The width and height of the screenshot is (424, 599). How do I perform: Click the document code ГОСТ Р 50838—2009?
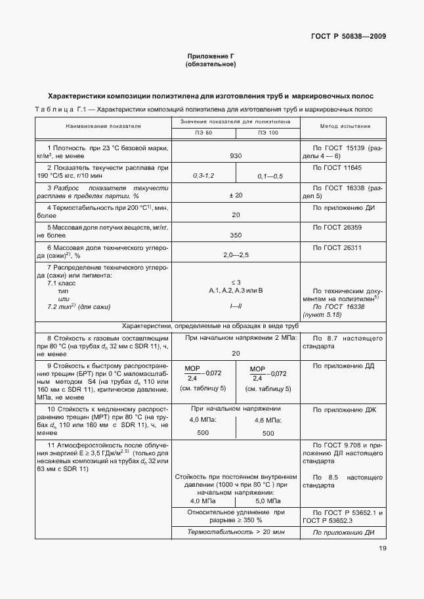[x=349, y=36]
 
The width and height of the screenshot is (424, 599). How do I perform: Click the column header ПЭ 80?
[x=203, y=133]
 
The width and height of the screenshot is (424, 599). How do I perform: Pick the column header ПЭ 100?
[x=267, y=133]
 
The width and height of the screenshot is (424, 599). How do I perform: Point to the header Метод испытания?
[x=345, y=126]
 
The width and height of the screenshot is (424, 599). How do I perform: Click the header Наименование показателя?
[x=104, y=126]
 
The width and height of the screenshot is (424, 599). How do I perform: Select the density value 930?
[x=236, y=156]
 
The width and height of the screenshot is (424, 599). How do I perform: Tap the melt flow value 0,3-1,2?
[x=203, y=176]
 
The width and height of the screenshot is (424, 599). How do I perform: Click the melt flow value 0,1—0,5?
[x=270, y=176]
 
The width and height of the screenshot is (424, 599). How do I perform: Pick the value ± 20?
[x=236, y=196]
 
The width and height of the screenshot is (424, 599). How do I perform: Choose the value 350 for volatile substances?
[x=236, y=234]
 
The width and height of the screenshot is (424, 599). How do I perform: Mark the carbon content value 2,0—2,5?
[x=236, y=254]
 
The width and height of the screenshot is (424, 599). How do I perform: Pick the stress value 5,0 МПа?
[x=268, y=501]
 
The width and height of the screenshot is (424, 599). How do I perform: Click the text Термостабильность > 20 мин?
[x=236, y=532]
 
